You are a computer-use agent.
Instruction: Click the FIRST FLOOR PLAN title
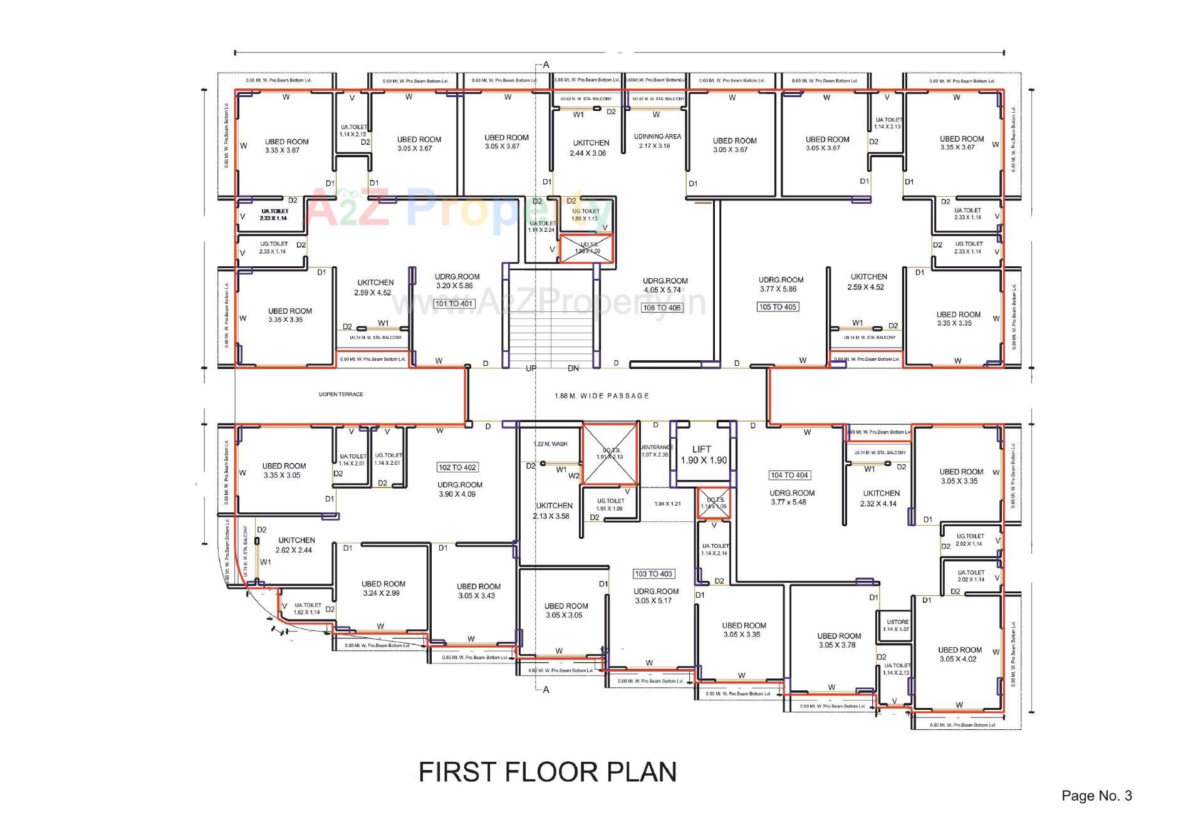click(547, 772)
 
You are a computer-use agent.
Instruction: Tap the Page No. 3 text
click(1096, 796)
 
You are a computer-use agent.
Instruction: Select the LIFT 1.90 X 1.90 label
click(703, 455)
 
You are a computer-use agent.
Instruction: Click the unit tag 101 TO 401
click(454, 304)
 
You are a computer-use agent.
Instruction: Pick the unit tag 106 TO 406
click(662, 308)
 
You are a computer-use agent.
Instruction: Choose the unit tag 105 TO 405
click(778, 307)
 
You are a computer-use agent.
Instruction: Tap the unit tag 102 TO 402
click(457, 467)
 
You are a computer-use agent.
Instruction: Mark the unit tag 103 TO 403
click(654, 574)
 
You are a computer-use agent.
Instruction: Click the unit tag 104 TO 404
click(789, 476)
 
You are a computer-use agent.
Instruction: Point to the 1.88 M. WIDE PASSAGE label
click(601, 396)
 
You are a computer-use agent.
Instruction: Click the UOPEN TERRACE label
click(341, 395)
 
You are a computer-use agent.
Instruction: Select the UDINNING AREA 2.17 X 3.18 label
click(657, 141)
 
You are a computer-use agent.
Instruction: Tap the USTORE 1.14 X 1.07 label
click(896, 626)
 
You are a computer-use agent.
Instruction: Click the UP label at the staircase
click(531, 368)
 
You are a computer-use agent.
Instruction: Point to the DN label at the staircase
click(573, 368)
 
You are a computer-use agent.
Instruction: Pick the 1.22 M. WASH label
click(550, 444)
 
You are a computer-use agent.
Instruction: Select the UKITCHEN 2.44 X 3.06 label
click(590, 148)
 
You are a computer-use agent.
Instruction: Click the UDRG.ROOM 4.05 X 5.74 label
click(665, 286)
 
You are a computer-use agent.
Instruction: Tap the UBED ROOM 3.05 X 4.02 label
click(959, 655)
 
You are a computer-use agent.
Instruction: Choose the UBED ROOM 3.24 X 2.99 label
click(383, 588)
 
